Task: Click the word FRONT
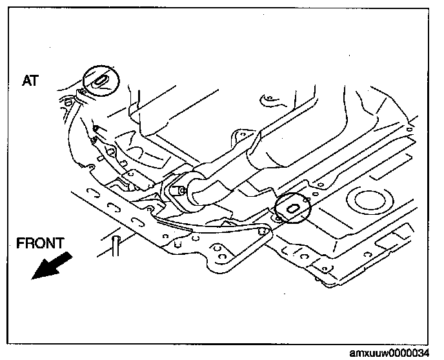point(40,243)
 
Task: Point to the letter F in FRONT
point(21,243)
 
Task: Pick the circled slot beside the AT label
point(101,81)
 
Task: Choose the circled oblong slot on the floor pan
point(292,208)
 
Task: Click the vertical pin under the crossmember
point(116,246)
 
